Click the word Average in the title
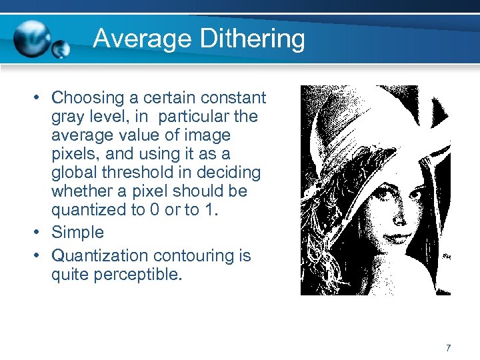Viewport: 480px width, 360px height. (134, 39)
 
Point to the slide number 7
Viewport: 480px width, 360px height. (448, 347)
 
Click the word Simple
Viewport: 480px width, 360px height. (78, 232)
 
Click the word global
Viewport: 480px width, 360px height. (71, 173)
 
